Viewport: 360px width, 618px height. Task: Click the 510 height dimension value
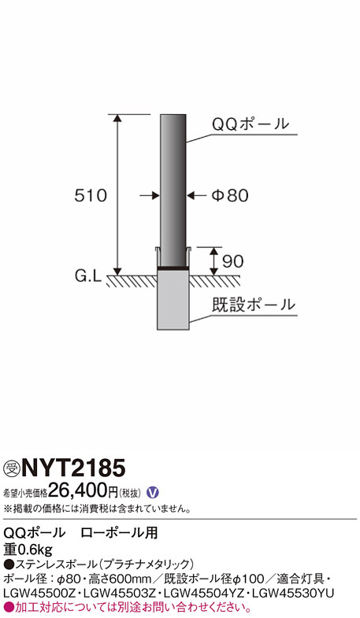[x=91, y=195]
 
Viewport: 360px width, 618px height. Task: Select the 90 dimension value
[x=232, y=261]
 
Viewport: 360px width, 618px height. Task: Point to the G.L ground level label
[x=88, y=276]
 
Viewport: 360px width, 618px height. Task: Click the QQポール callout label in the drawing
[x=251, y=124]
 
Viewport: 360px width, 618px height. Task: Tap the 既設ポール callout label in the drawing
[x=254, y=305]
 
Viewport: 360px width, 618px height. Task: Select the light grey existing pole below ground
[x=173, y=300]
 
